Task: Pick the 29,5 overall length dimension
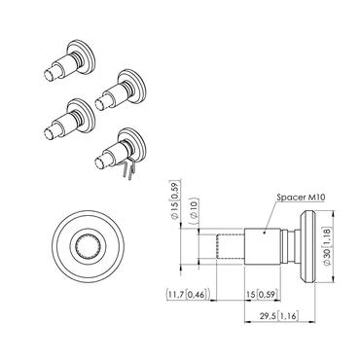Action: coord(266,316)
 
